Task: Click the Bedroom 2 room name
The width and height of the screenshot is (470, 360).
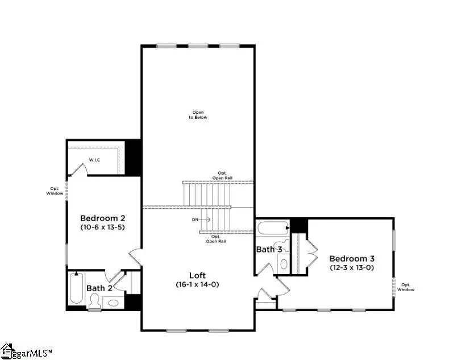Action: point(102,218)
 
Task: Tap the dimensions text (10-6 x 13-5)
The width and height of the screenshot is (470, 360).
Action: point(102,227)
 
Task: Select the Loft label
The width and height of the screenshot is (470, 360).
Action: point(198,275)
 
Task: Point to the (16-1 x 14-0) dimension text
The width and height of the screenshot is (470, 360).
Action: point(198,284)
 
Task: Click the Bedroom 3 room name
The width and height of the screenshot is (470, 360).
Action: point(352,258)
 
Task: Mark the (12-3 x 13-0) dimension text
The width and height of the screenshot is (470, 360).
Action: point(352,267)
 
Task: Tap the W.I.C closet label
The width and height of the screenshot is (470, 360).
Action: point(94,160)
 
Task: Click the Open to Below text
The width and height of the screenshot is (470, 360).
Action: point(198,115)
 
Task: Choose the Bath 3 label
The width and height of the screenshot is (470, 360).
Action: point(269,249)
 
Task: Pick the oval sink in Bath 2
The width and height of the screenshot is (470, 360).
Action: point(114,303)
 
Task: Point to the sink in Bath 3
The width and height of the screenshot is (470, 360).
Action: point(283,264)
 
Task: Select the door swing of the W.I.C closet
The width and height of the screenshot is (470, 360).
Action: point(81,168)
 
